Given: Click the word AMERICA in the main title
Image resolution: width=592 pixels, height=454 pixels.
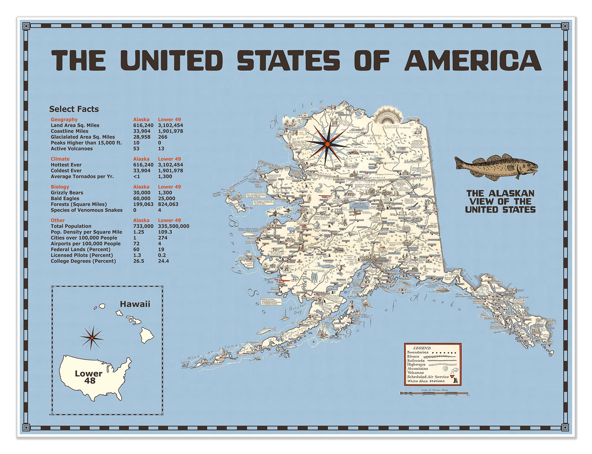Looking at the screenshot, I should (473, 60).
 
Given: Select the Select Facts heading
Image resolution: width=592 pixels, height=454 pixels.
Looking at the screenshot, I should (74, 109).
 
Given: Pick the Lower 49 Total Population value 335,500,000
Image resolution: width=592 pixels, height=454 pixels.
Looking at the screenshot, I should (173, 226).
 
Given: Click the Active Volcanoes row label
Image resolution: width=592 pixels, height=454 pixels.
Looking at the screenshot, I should (72, 149).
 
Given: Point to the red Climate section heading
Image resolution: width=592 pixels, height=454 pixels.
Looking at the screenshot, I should (60, 159).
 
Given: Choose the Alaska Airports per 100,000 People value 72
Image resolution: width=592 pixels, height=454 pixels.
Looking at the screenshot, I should (136, 244).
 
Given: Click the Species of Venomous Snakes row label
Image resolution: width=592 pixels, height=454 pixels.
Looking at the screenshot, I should (86, 210).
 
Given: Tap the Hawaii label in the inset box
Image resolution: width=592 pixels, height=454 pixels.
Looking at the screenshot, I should (135, 304).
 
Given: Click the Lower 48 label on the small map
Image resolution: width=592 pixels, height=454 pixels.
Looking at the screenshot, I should (89, 377).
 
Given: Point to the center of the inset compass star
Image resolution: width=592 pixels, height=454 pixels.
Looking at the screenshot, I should (92, 338).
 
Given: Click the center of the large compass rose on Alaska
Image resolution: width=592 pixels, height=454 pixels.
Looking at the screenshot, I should (327, 144).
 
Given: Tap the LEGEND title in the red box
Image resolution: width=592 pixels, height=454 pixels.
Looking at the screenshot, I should (422, 348).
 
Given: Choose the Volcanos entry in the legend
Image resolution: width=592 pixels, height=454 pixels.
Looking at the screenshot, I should (415, 373).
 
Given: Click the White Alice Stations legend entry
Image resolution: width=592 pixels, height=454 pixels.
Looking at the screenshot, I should (426, 381).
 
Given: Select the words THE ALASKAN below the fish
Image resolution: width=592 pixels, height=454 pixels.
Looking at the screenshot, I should (500, 194).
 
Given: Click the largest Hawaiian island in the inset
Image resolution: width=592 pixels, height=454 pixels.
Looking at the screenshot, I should (146, 335).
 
